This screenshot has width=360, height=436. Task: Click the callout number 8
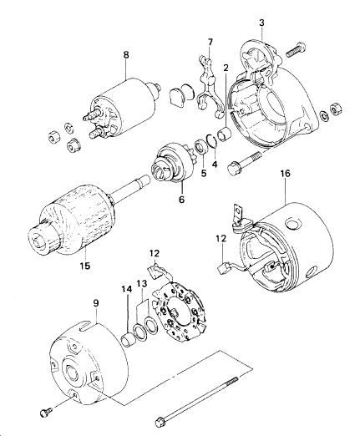click(x=126, y=55)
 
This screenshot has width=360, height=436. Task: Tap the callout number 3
click(x=261, y=23)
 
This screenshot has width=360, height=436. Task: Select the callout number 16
click(x=286, y=174)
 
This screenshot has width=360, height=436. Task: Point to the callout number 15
click(x=85, y=266)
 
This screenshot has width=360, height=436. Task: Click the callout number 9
click(x=96, y=303)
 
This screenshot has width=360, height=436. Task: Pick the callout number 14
click(x=126, y=289)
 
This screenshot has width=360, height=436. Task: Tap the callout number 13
click(x=141, y=284)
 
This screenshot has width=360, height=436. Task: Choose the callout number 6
click(x=182, y=200)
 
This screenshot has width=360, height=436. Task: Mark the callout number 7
click(x=210, y=43)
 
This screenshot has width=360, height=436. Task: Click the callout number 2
click(x=226, y=68)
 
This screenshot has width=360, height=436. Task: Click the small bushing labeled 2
click(x=225, y=133)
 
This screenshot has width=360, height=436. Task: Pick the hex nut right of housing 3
click(x=336, y=109)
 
